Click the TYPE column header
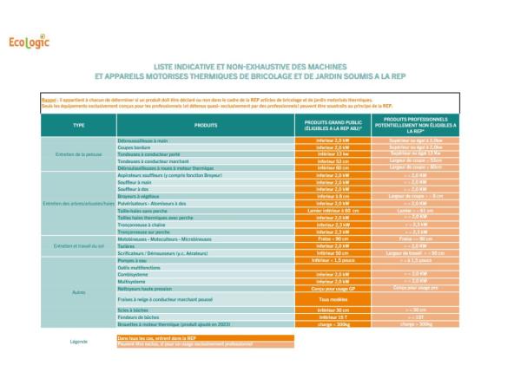(79, 126)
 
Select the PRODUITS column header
(206, 126)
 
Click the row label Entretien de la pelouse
(79, 154)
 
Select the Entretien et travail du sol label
(79, 246)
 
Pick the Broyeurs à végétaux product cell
(140, 196)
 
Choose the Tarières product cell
(128, 245)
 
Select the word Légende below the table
(79, 342)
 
